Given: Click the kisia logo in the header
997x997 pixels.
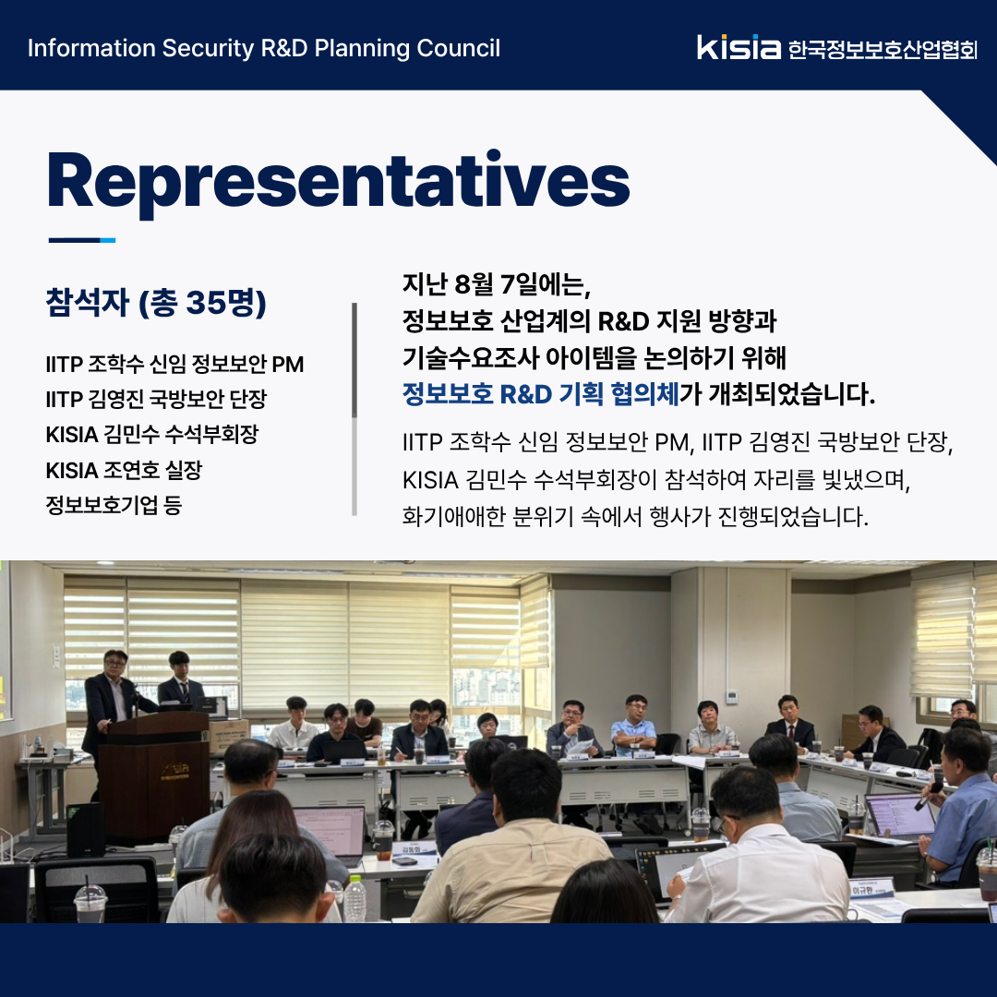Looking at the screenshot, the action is (x=739, y=48).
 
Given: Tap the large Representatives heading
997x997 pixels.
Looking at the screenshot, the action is (x=338, y=181).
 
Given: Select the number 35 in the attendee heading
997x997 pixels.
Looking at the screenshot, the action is (x=204, y=302).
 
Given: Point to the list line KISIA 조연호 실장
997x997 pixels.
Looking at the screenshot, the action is (x=124, y=471).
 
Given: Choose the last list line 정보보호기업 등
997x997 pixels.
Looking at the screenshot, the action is (x=114, y=506).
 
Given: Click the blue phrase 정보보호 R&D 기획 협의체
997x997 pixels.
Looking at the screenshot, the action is (x=540, y=394).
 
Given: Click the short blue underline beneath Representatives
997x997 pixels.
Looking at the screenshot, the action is (x=82, y=240).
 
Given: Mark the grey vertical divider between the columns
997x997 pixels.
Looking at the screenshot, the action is (x=354, y=409).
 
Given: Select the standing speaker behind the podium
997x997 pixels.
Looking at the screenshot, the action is (x=112, y=706).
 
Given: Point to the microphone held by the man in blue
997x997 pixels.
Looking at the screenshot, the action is (x=928, y=796).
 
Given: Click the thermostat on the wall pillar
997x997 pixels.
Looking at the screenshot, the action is (x=732, y=697).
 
